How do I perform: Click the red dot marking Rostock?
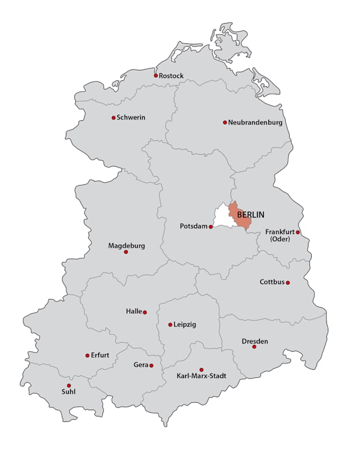(156, 75)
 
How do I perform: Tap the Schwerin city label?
(131, 118)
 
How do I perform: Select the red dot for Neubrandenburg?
(225, 122)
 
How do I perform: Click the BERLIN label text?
(251, 214)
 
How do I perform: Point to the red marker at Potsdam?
(211, 227)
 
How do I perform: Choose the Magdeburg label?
(127, 246)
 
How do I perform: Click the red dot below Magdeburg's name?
(126, 252)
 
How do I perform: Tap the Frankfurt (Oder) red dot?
(298, 232)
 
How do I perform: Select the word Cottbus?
(272, 282)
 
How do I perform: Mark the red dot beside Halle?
(145, 312)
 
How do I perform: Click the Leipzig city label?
(185, 325)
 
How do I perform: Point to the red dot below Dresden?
(254, 346)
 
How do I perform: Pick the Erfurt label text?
(100, 355)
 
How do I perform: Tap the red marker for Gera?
(151, 365)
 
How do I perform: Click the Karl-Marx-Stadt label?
(201, 375)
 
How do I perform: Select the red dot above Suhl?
(69, 385)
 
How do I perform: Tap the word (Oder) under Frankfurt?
(279, 238)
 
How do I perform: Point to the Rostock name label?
(172, 75)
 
